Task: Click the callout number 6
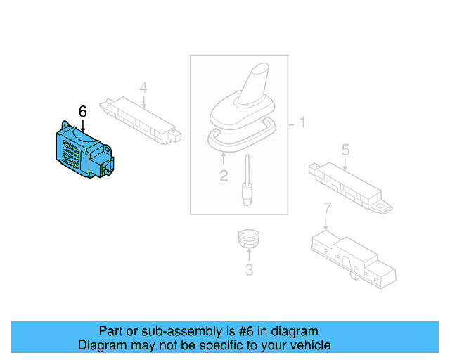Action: [x=82, y=111]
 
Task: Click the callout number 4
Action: [x=143, y=88]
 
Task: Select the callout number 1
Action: [x=303, y=124]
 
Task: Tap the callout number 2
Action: [x=224, y=176]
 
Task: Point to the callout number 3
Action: [x=248, y=270]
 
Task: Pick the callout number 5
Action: [x=345, y=150]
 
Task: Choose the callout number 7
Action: [x=326, y=208]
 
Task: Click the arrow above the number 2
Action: [x=224, y=159]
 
